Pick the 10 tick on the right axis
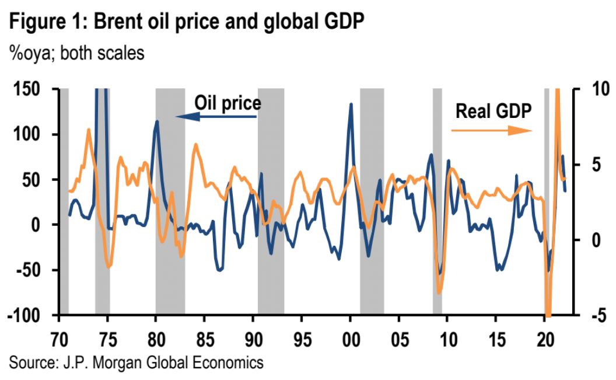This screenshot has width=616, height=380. (x=596, y=89)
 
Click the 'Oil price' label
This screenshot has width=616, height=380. (x=227, y=103)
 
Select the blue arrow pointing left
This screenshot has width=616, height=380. (x=216, y=117)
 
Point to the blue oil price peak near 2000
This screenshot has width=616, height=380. (x=351, y=104)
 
